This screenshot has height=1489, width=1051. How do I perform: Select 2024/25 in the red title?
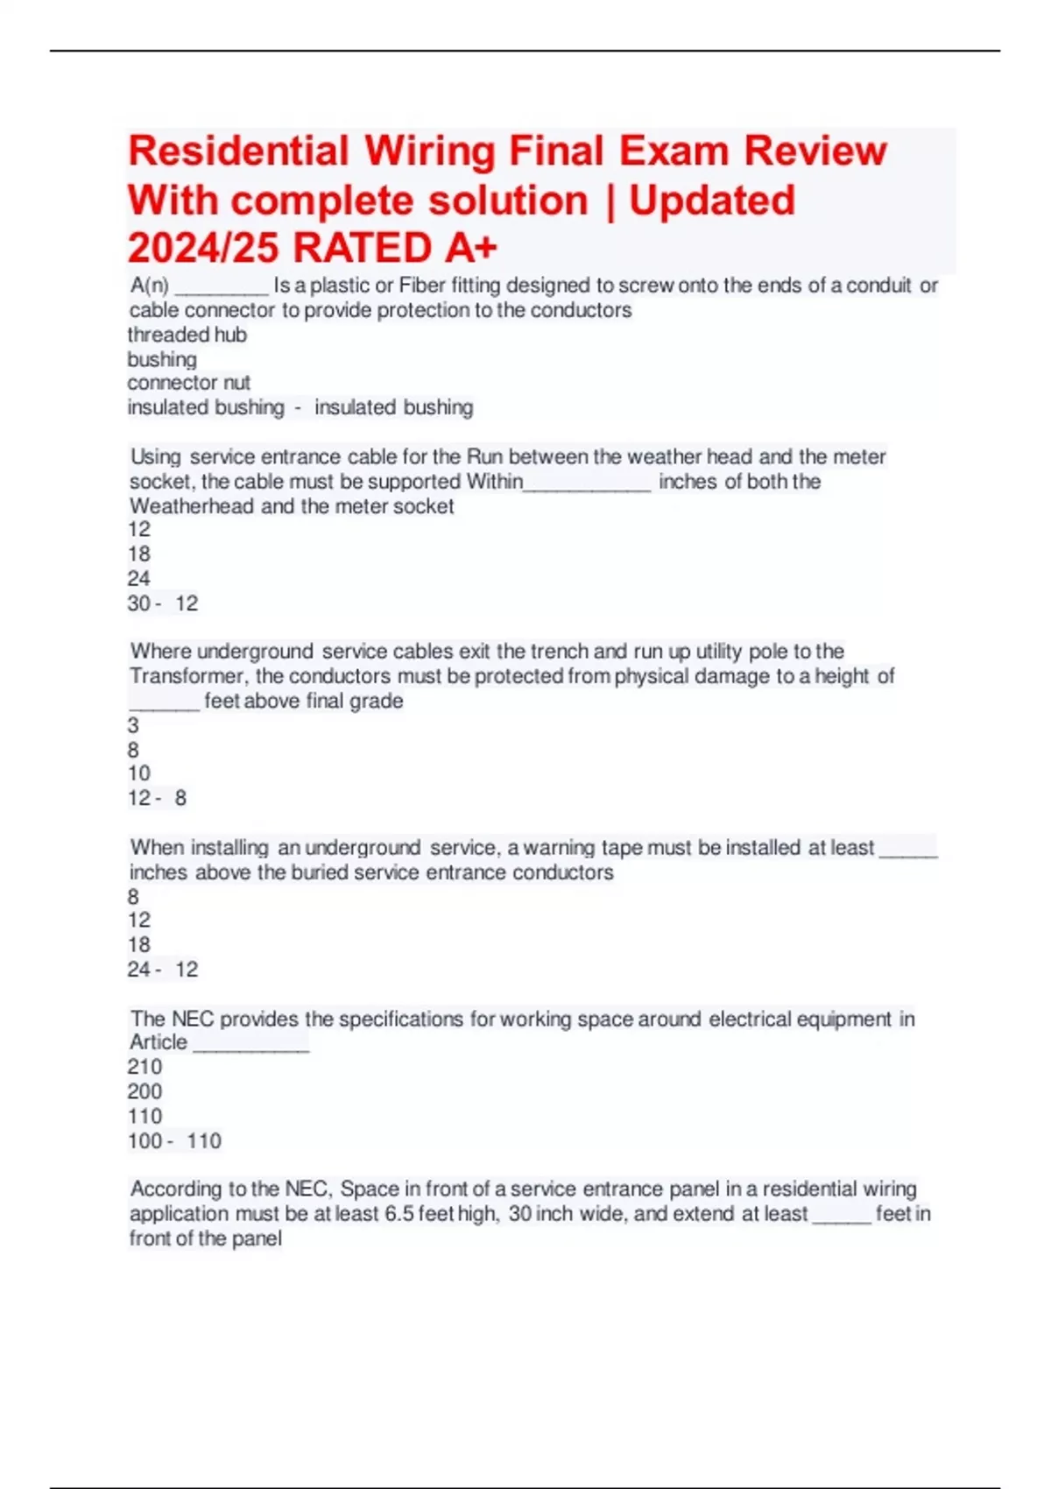tap(204, 248)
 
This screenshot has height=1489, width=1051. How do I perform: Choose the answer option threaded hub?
tap(187, 335)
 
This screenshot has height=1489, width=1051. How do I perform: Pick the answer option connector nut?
tap(188, 383)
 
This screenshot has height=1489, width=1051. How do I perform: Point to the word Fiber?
tap(422, 286)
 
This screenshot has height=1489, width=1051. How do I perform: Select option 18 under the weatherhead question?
tap(138, 554)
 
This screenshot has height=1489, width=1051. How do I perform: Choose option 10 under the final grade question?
tap(138, 773)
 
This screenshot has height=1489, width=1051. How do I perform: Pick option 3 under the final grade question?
tap(133, 725)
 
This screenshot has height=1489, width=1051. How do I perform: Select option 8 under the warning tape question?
tap(133, 896)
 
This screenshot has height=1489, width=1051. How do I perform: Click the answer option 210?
tap(145, 1067)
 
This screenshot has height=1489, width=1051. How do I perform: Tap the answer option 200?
tap(145, 1091)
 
